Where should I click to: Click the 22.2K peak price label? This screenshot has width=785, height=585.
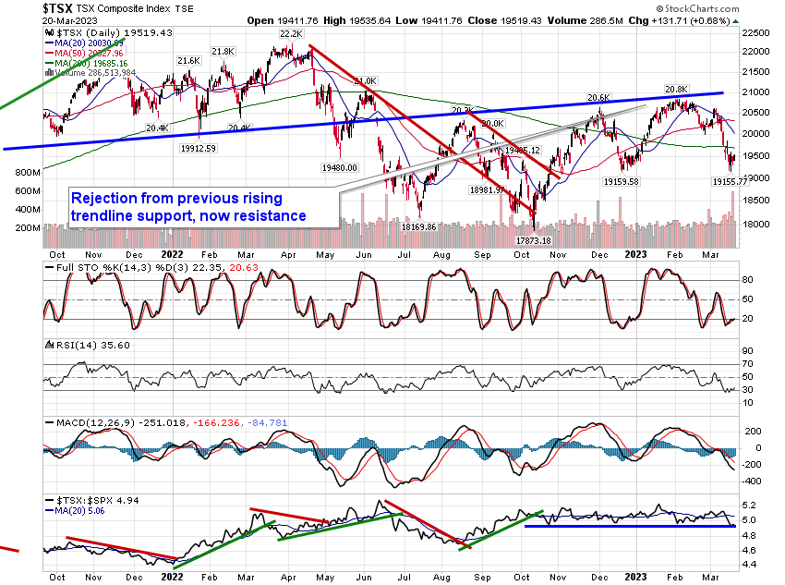279,33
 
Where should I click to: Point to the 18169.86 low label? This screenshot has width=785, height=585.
418,226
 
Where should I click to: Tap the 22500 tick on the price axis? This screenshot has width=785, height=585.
759,32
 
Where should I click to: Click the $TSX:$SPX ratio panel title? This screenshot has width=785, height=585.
84,503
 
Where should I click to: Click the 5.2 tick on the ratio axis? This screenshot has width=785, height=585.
751,506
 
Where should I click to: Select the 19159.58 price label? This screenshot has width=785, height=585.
630,182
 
